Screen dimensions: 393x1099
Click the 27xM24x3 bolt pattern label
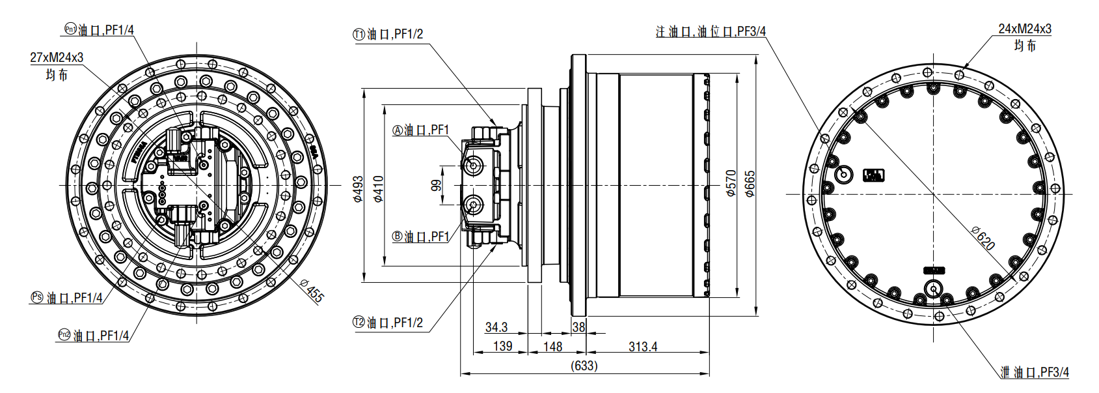point(57,57)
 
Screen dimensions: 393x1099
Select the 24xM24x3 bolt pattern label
point(1025,29)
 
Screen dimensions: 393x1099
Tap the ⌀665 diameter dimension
point(750,184)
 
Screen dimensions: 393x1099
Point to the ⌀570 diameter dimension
point(731,184)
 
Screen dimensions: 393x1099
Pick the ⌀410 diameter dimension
point(378,189)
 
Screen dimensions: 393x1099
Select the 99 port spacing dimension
point(436,185)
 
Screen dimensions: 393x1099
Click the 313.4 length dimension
point(643,347)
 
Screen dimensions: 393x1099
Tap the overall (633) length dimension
point(584,366)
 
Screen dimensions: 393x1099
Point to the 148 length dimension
point(552,347)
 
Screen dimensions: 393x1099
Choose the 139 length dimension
point(502,346)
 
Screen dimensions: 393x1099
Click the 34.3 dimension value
point(496,327)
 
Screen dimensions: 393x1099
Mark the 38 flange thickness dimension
point(578,327)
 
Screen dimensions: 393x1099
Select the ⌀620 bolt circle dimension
point(983,239)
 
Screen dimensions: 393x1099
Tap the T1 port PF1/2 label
point(388,34)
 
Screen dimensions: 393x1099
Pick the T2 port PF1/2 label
point(388,323)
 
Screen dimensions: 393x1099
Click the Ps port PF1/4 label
point(67,298)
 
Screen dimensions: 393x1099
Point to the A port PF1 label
point(421,130)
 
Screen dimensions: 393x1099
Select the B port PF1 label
point(421,237)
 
